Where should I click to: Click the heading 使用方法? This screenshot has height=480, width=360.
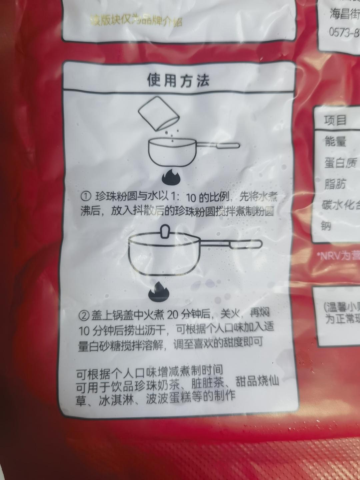(178, 80)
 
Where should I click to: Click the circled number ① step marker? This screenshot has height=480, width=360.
(86, 196)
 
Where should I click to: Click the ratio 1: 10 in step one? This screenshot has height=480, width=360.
(180, 197)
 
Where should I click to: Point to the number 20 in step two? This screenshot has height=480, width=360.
(175, 314)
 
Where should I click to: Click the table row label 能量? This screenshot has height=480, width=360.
(335, 141)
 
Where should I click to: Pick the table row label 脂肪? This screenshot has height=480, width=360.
(335, 184)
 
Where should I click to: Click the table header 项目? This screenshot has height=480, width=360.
(335, 120)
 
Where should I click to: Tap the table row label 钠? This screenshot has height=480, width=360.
(326, 226)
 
